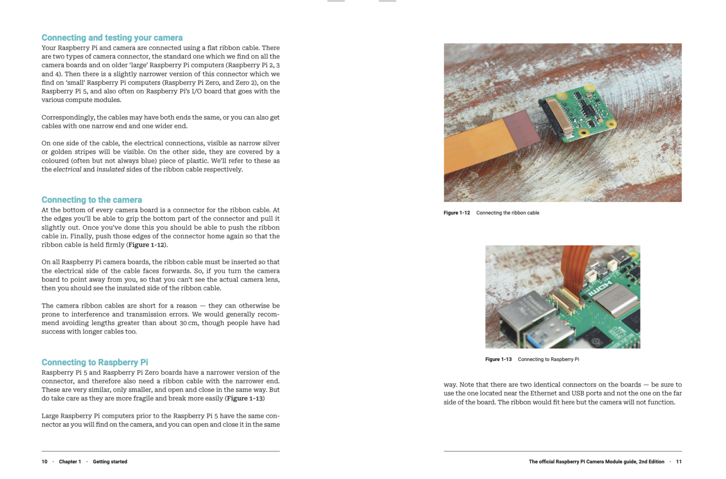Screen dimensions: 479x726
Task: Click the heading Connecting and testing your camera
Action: pos(112,38)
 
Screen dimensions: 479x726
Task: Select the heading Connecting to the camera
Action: pos(92,200)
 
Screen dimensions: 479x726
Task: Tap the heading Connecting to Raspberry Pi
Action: pos(95,362)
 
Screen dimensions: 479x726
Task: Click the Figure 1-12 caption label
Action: pos(457,213)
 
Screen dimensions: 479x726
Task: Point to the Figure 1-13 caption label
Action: pos(498,360)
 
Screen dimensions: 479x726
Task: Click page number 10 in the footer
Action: pos(44,462)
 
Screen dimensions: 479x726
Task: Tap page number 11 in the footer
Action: pos(679,462)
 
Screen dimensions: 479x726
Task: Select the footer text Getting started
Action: pos(110,462)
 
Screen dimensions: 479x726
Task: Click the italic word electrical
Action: pos(67,169)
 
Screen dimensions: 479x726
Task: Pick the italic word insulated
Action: pos(111,169)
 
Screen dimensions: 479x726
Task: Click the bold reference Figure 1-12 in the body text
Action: pos(146,245)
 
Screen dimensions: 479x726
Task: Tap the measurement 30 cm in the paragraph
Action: pos(188,323)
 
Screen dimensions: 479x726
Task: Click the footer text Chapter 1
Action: pos(70,462)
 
